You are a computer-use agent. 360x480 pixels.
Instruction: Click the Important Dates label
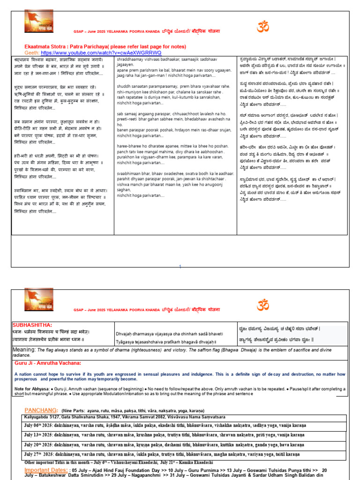[46, 470]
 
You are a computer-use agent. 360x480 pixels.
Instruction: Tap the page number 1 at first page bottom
[180, 267]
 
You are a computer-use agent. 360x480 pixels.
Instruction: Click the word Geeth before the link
[31, 53]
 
